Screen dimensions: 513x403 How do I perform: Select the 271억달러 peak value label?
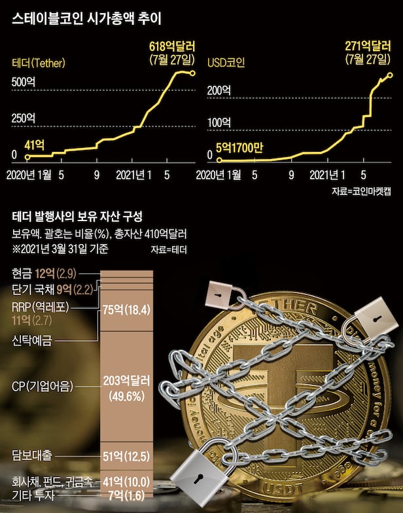point(369,47)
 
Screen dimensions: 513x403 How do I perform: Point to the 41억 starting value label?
point(34,145)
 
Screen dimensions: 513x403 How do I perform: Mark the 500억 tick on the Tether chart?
point(24,82)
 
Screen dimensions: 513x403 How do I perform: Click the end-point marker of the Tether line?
point(193,73)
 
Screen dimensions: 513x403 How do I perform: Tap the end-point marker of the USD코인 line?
point(391,75)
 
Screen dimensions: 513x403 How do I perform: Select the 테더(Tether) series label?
point(40,63)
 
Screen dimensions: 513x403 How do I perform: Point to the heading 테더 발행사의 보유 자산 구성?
point(77,216)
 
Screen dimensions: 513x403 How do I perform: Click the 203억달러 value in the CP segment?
point(126,380)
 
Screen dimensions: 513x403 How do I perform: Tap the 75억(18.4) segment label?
point(126,310)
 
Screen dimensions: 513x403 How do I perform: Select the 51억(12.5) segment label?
point(126,455)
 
